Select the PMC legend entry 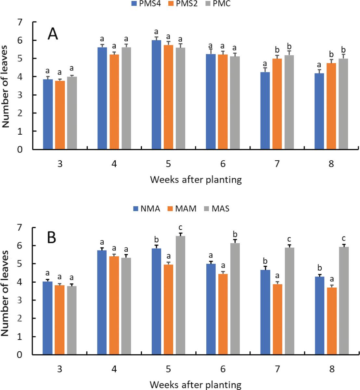pos(218,4)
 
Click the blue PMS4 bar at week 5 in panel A pos(156,95)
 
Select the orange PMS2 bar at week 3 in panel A pos(60,115)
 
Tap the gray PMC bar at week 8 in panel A pos(343,104)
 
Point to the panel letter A pos(53,34)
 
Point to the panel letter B pos(52,238)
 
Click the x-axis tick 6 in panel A pos(223,164)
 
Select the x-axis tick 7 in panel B pos(277,370)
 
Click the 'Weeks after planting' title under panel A pos(196,180)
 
